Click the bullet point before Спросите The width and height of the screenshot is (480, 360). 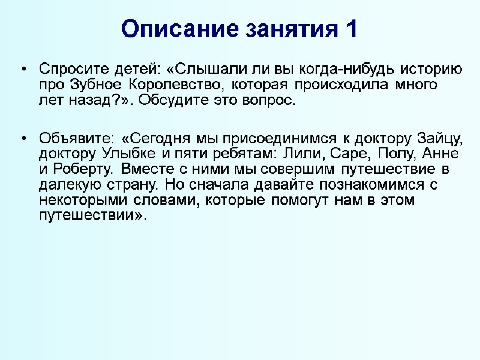(23, 70)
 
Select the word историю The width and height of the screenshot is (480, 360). (431, 70)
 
